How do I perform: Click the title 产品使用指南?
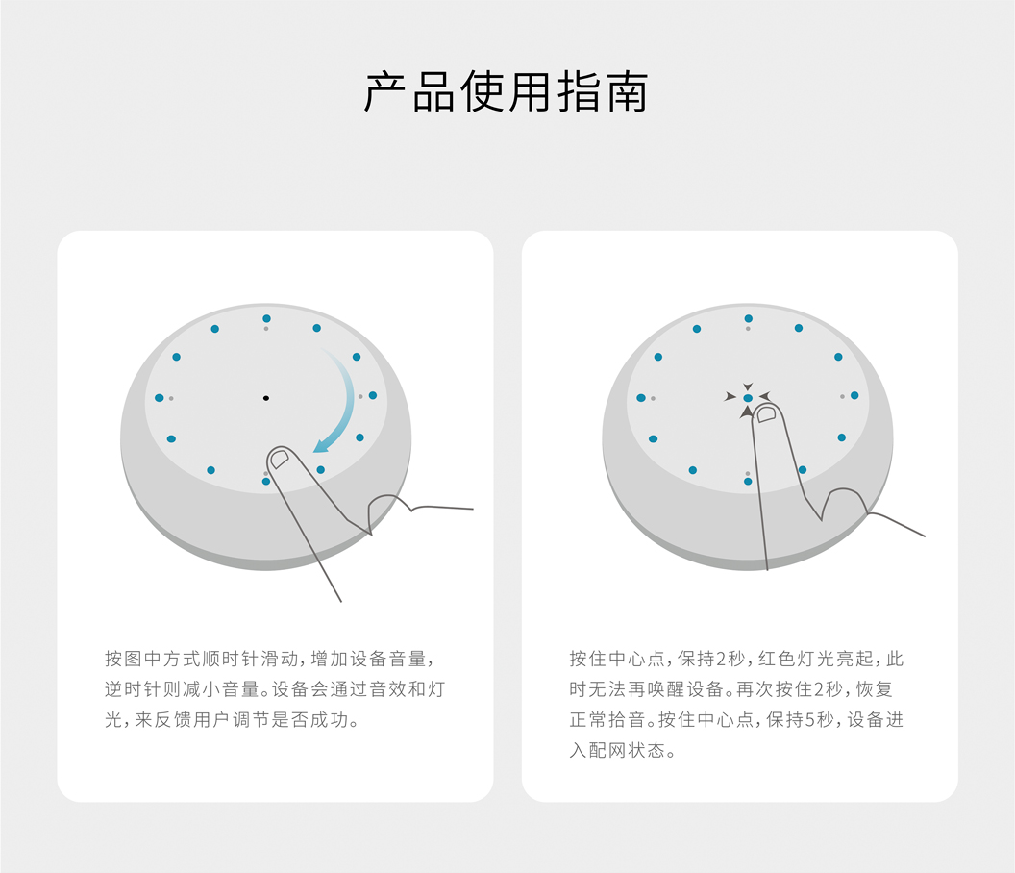(x=507, y=92)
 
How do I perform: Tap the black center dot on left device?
(x=266, y=398)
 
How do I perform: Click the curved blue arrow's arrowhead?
(x=321, y=445)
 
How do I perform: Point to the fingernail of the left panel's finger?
(x=280, y=460)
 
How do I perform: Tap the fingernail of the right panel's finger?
(x=766, y=413)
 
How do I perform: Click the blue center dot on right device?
(x=749, y=398)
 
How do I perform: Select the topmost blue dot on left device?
(x=266, y=318)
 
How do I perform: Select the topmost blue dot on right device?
(x=749, y=318)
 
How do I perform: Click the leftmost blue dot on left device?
(x=160, y=398)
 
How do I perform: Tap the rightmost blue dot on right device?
(x=854, y=396)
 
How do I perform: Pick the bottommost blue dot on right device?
(x=749, y=481)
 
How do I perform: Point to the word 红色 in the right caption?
(x=778, y=659)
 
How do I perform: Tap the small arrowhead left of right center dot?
(x=730, y=396)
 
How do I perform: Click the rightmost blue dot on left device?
(x=373, y=396)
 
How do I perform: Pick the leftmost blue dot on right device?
(x=641, y=398)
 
